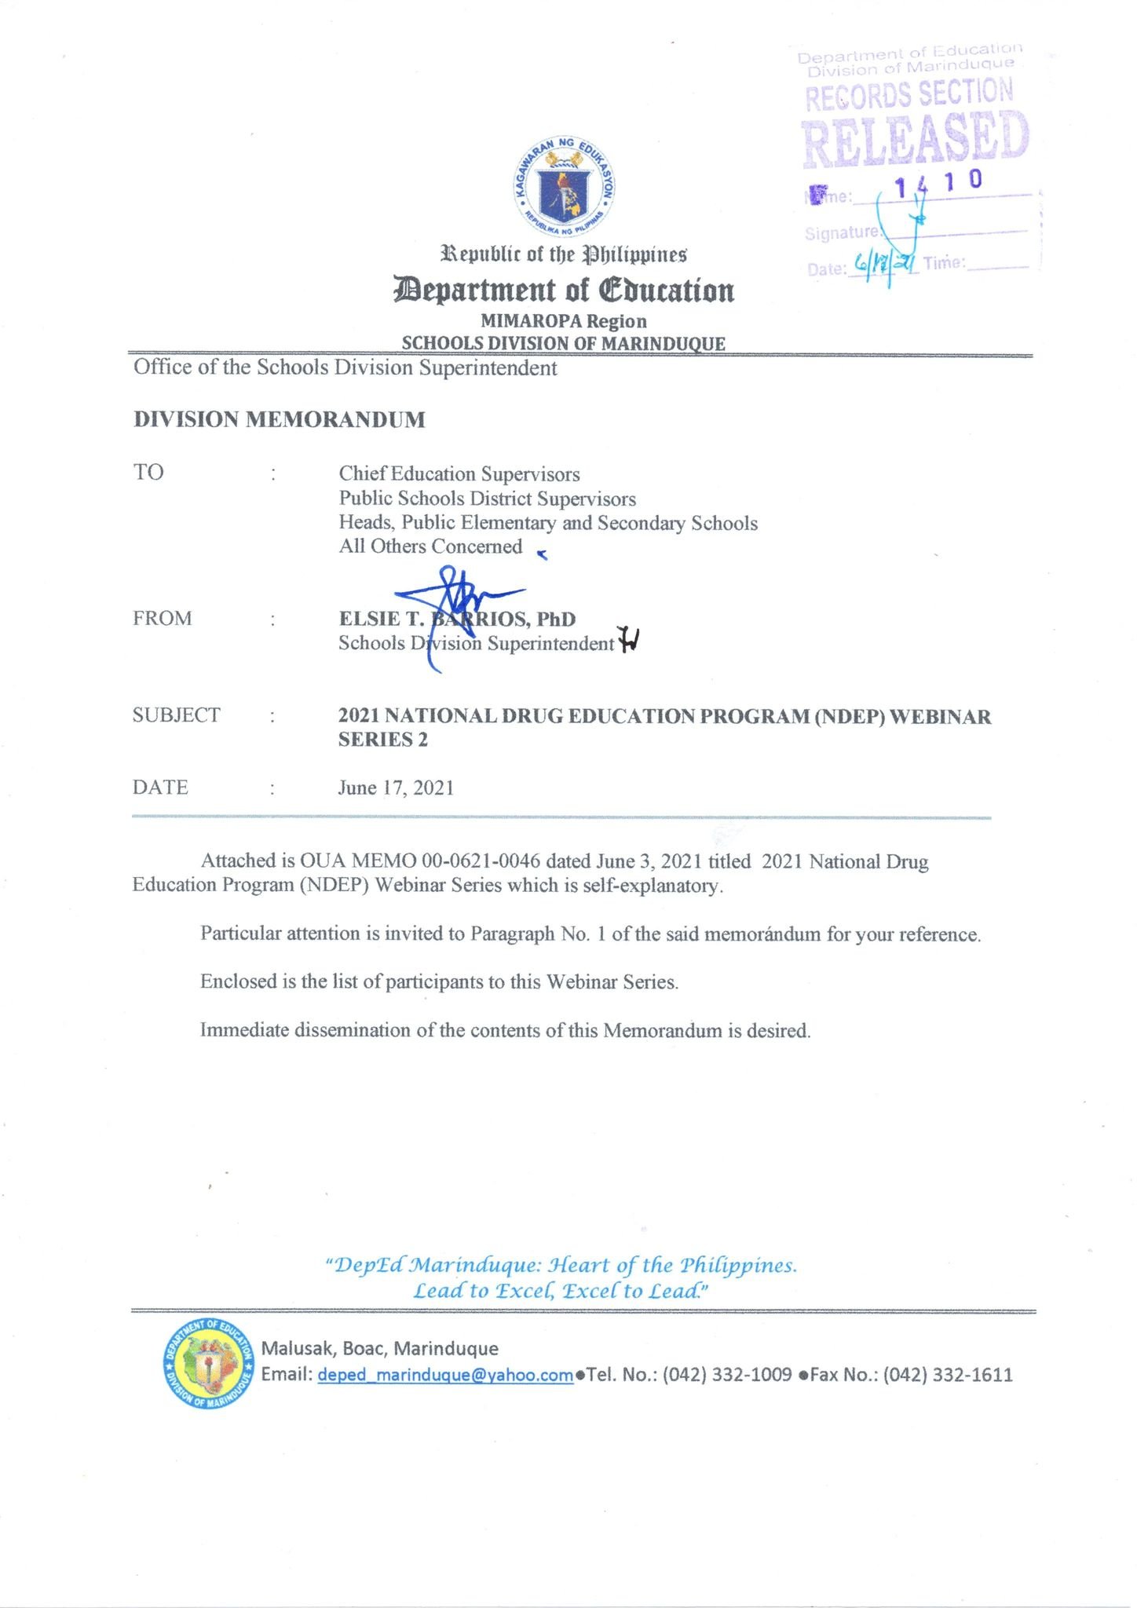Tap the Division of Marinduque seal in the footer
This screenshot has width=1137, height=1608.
tap(208, 1364)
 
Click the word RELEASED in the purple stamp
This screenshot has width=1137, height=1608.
tap(915, 140)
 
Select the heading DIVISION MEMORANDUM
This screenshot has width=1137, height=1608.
tap(279, 420)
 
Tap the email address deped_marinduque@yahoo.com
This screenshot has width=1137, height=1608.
tap(445, 1375)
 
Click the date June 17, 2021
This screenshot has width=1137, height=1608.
tap(396, 788)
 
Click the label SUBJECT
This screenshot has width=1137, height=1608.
tap(177, 715)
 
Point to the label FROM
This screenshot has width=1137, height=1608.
tap(163, 619)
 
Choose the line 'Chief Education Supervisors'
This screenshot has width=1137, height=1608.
tap(459, 474)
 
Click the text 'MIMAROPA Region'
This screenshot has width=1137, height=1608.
tap(564, 321)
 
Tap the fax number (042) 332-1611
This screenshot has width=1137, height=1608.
tap(948, 1375)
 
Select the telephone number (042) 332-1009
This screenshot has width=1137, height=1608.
tap(727, 1375)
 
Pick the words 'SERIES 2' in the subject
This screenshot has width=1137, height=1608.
tap(383, 740)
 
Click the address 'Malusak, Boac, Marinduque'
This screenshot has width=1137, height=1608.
tap(379, 1349)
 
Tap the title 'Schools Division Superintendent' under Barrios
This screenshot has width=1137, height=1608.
tap(476, 644)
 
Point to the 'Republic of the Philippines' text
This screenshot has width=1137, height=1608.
tap(564, 255)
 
